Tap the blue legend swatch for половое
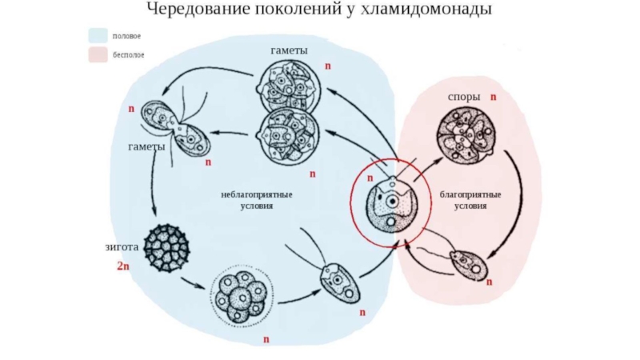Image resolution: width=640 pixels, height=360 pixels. click(98, 36)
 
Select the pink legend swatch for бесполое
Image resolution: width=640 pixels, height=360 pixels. click(98, 54)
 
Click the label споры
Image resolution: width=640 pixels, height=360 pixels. click(464, 97)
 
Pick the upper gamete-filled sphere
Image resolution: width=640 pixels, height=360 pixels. click(289, 87)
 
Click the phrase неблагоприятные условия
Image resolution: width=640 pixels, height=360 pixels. click(258, 199)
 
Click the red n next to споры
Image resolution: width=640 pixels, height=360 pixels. click(494, 97)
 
